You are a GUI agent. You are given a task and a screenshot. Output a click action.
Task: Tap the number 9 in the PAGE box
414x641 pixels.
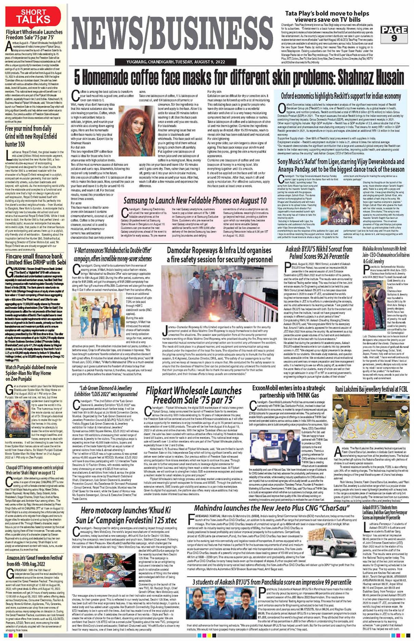click(x=394, y=38)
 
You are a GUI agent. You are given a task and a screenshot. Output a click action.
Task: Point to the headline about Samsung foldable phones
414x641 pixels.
click(x=195, y=200)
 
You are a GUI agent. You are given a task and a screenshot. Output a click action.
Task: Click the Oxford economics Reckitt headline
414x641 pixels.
click(x=341, y=96)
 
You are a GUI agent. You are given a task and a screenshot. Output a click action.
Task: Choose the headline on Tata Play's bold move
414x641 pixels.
click(x=327, y=16)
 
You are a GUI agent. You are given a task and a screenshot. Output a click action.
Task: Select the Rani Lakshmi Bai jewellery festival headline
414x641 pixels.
click(x=371, y=389)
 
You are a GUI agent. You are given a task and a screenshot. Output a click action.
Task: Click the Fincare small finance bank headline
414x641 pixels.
click(x=35, y=259)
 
